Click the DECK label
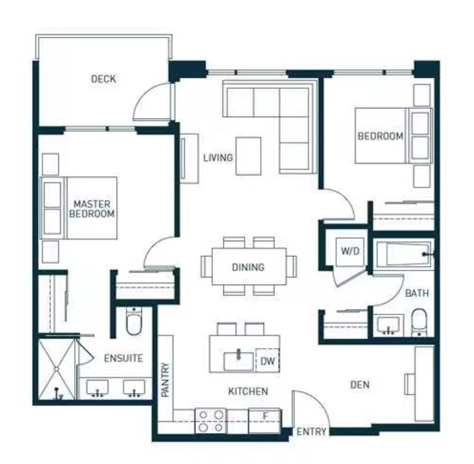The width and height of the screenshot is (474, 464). click(103, 79)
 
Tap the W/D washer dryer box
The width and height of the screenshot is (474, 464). click(350, 252)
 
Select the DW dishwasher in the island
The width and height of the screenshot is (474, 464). click(268, 361)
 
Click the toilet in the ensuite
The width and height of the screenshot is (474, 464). click(134, 321)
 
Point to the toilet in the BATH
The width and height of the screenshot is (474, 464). click(419, 322)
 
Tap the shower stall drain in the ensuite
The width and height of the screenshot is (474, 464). click(56, 369)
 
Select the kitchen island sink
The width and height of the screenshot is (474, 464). click(239, 361)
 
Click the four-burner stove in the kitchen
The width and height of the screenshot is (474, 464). click(211, 421)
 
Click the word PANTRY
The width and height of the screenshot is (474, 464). click(165, 380)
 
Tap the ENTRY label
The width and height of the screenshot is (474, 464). click(311, 432)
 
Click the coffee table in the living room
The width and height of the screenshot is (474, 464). click(248, 156)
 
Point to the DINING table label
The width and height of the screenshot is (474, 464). click(248, 267)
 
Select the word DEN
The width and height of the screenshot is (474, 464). click(360, 385)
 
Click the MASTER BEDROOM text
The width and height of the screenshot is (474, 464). click(92, 209)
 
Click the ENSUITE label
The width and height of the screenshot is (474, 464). click(123, 358)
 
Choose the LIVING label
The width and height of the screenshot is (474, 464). click(218, 158)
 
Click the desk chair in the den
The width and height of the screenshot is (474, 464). click(410, 384)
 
